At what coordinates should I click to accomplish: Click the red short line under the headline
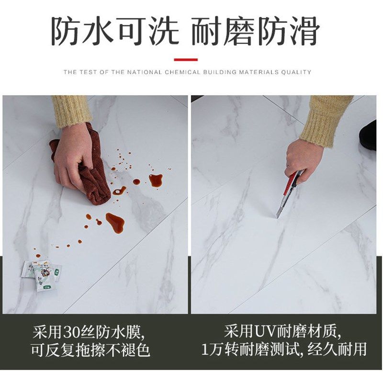[185, 60]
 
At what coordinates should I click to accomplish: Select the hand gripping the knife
[302, 160]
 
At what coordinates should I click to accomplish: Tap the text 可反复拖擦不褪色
[91, 350]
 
